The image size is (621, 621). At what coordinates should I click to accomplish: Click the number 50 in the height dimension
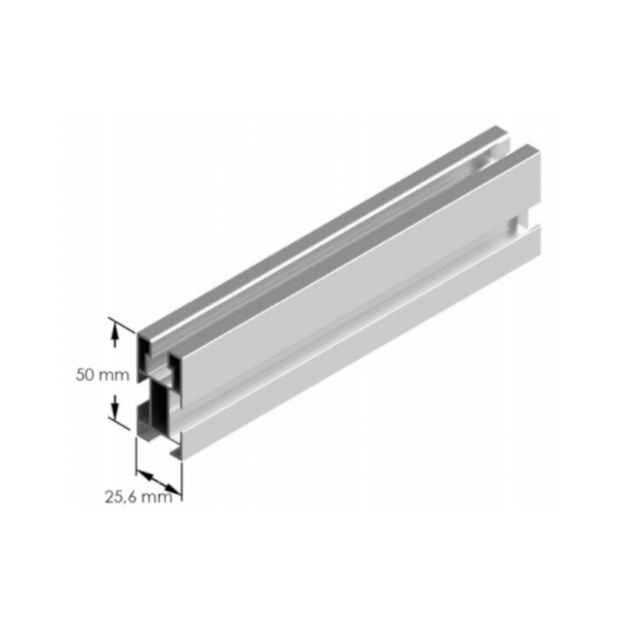pyautogui.click(x=86, y=375)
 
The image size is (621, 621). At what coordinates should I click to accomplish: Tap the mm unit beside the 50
pyautogui.click(x=113, y=375)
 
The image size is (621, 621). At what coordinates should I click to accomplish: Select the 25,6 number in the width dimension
pyautogui.click(x=120, y=498)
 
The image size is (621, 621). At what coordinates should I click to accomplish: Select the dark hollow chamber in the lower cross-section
pyautogui.click(x=158, y=408)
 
